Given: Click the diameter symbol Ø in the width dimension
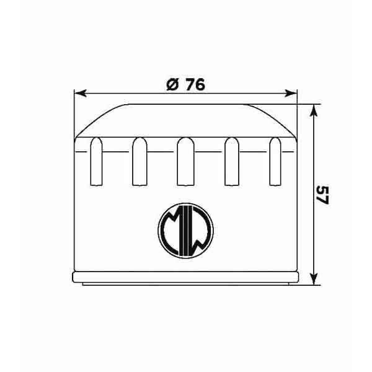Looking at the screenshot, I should pos(174,85).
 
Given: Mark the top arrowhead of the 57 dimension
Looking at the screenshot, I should pos(314,109).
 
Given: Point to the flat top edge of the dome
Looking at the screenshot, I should pos(186,104).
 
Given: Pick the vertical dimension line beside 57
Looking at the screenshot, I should pos(314,155).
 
